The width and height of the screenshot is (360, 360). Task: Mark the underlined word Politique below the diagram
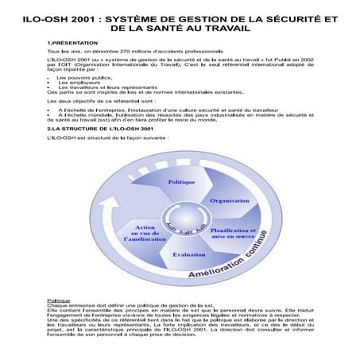click(58, 300)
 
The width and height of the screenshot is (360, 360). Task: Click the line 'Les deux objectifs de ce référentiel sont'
click(96, 102)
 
